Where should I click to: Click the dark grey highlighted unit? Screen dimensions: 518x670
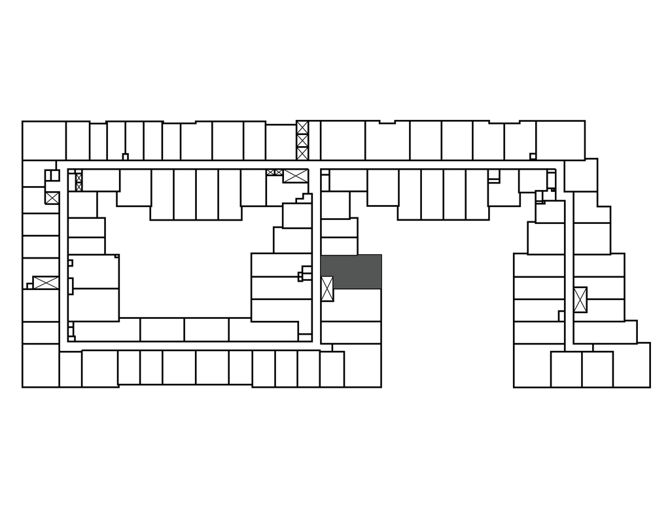(x=351, y=272)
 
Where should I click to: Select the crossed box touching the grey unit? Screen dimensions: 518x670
(x=327, y=288)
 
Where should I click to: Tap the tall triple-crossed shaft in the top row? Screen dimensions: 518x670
(x=302, y=140)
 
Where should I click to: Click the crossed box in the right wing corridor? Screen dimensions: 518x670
(x=580, y=299)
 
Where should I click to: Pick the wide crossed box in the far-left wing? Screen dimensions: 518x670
(x=46, y=283)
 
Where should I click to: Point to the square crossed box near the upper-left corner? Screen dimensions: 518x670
(x=52, y=197)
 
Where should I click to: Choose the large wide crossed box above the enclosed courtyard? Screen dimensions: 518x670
(x=295, y=176)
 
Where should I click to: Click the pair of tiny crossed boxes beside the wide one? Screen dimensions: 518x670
(x=274, y=172)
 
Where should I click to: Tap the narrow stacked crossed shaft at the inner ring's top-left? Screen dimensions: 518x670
(x=79, y=181)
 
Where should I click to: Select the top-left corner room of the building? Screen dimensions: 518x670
(x=44, y=140)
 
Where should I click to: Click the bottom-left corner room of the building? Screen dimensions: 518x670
(x=41, y=365)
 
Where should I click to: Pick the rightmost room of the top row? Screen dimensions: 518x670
(x=560, y=140)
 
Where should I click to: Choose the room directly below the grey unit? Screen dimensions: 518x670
(x=351, y=305)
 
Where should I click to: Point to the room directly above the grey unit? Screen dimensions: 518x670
(x=339, y=246)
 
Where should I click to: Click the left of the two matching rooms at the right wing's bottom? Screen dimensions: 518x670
(x=566, y=369)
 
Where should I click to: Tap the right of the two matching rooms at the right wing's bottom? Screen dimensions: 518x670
(x=597, y=369)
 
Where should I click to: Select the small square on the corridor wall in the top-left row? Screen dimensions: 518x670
(x=125, y=157)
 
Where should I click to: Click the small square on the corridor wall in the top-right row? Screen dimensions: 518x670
(x=533, y=156)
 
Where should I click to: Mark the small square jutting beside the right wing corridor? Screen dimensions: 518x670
(x=561, y=316)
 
